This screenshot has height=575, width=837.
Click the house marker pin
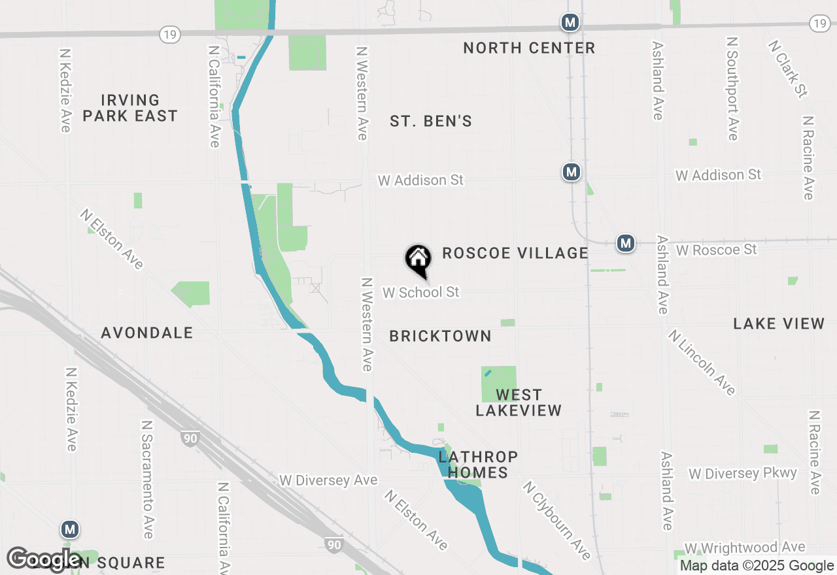point(418,260)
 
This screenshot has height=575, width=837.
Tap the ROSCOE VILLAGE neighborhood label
point(515,253)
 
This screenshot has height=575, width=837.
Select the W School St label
point(421,292)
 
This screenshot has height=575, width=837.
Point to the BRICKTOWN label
point(440,336)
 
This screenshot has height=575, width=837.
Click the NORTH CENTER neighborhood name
point(529,48)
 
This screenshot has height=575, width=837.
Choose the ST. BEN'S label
point(431,121)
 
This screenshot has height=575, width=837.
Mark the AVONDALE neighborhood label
point(147,333)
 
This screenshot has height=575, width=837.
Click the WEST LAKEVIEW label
point(519,402)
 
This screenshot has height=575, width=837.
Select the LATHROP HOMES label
point(478,465)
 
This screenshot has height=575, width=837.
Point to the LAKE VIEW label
point(779,323)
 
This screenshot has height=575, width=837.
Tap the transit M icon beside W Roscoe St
point(626,244)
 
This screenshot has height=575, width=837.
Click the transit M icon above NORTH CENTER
point(570,23)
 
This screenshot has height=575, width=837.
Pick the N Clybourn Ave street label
point(556,521)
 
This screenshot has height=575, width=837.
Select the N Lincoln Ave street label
point(702,363)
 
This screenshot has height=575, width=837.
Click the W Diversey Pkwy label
point(743,474)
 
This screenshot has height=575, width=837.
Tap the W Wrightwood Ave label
point(744,548)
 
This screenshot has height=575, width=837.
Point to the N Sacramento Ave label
point(147,479)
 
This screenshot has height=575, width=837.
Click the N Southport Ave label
point(732,88)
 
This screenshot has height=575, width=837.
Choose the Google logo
point(44,559)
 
